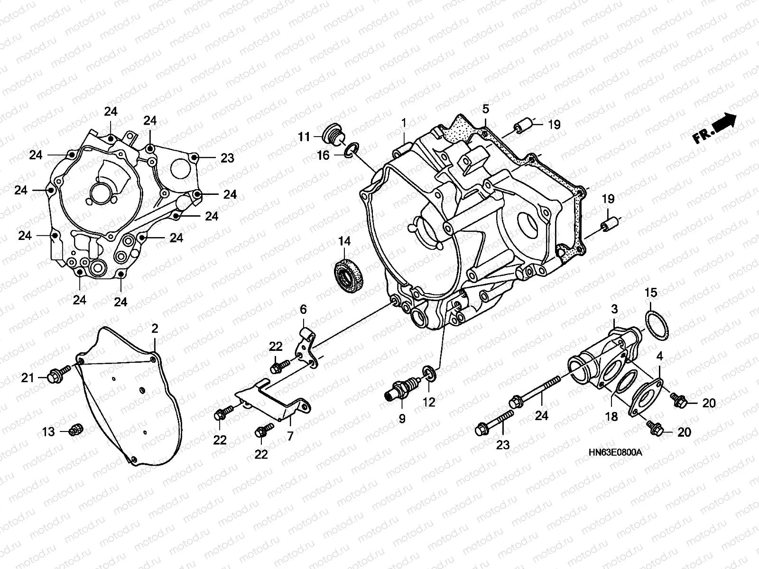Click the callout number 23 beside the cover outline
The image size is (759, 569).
point(227,158)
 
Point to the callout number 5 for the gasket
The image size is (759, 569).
point(485,109)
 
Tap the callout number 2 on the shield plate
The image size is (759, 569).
point(155,329)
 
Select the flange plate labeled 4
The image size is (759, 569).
point(648,396)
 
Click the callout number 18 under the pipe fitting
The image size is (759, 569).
point(612,416)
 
